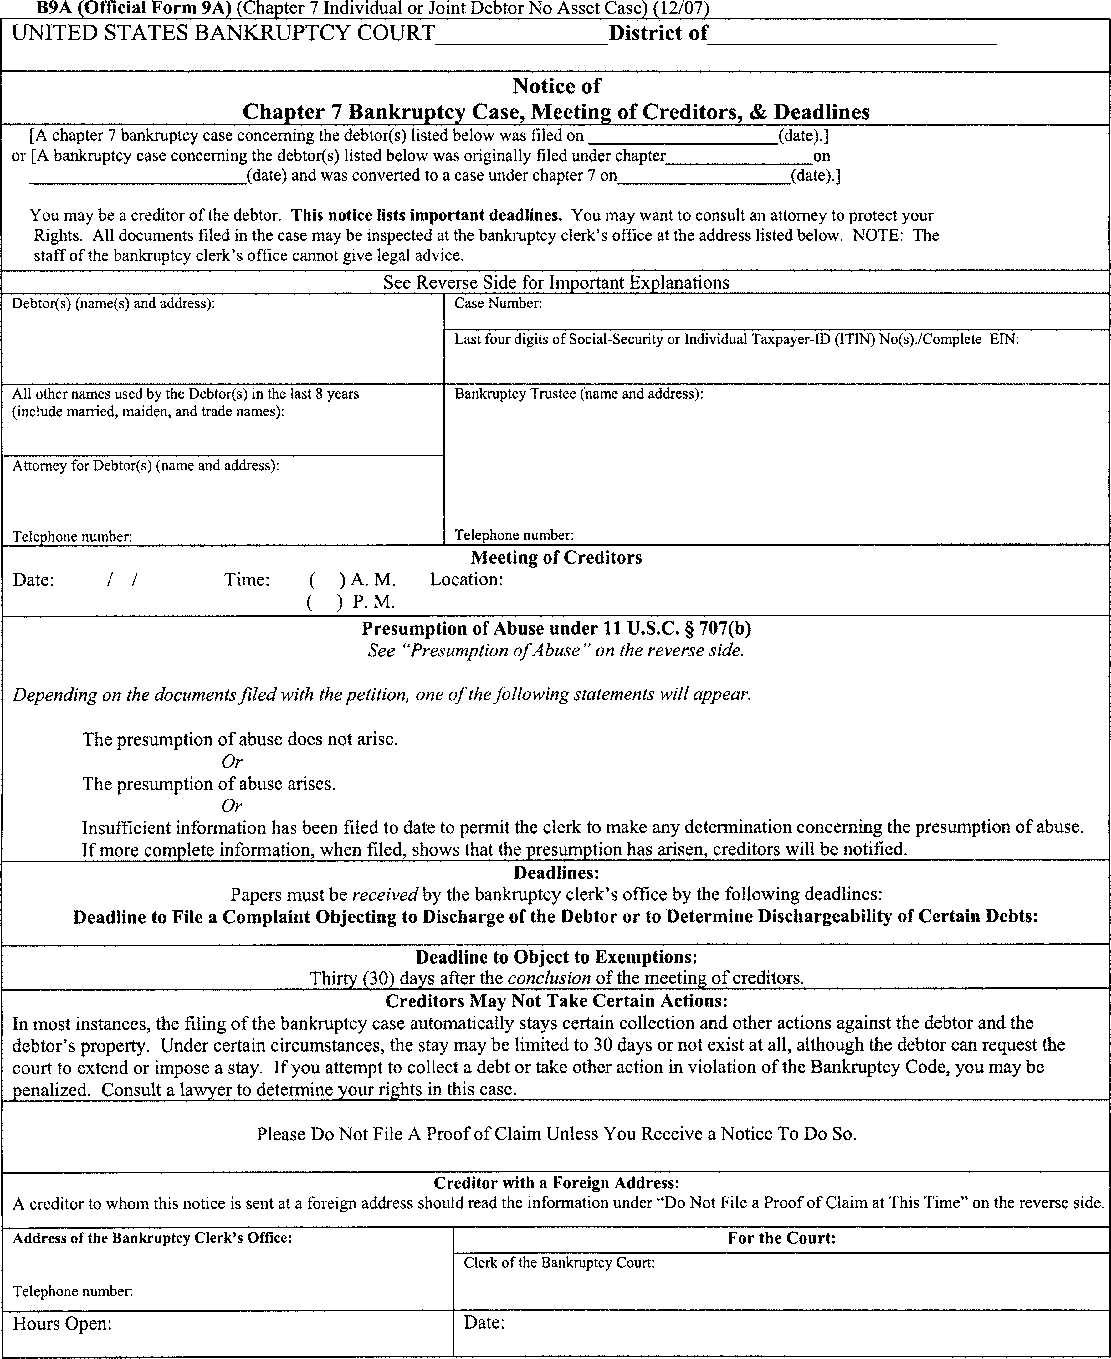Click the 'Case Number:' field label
(x=498, y=303)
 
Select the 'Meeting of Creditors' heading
(x=556, y=558)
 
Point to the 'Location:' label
(x=466, y=580)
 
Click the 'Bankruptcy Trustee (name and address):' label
(x=579, y=394)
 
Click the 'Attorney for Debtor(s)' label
(x=145, y=466)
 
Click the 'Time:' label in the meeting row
(x=247, y=580)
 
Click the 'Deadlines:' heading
(x=556, y=873)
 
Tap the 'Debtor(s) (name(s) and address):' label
(x=113, y=303)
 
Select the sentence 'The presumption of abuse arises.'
(x=209, y=784)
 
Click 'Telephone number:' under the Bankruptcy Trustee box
(x=514, y=534)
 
